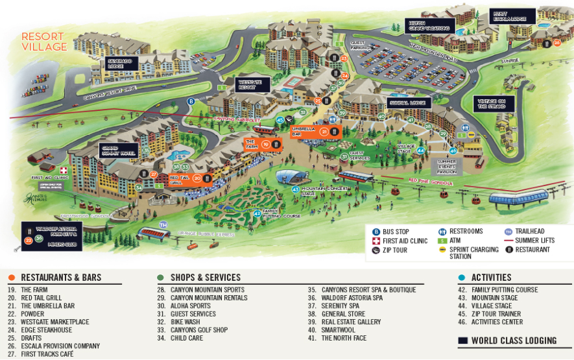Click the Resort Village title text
pos(44,42)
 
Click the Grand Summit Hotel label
pos(118,151)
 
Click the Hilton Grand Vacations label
pos(428,25)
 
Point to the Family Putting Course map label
pos(280,213)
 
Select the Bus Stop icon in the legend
pos(376,232)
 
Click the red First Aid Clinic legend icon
pos(376,241)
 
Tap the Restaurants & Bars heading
pos(61,278)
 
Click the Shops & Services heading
pos(205,278)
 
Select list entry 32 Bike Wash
pos(186,322)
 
